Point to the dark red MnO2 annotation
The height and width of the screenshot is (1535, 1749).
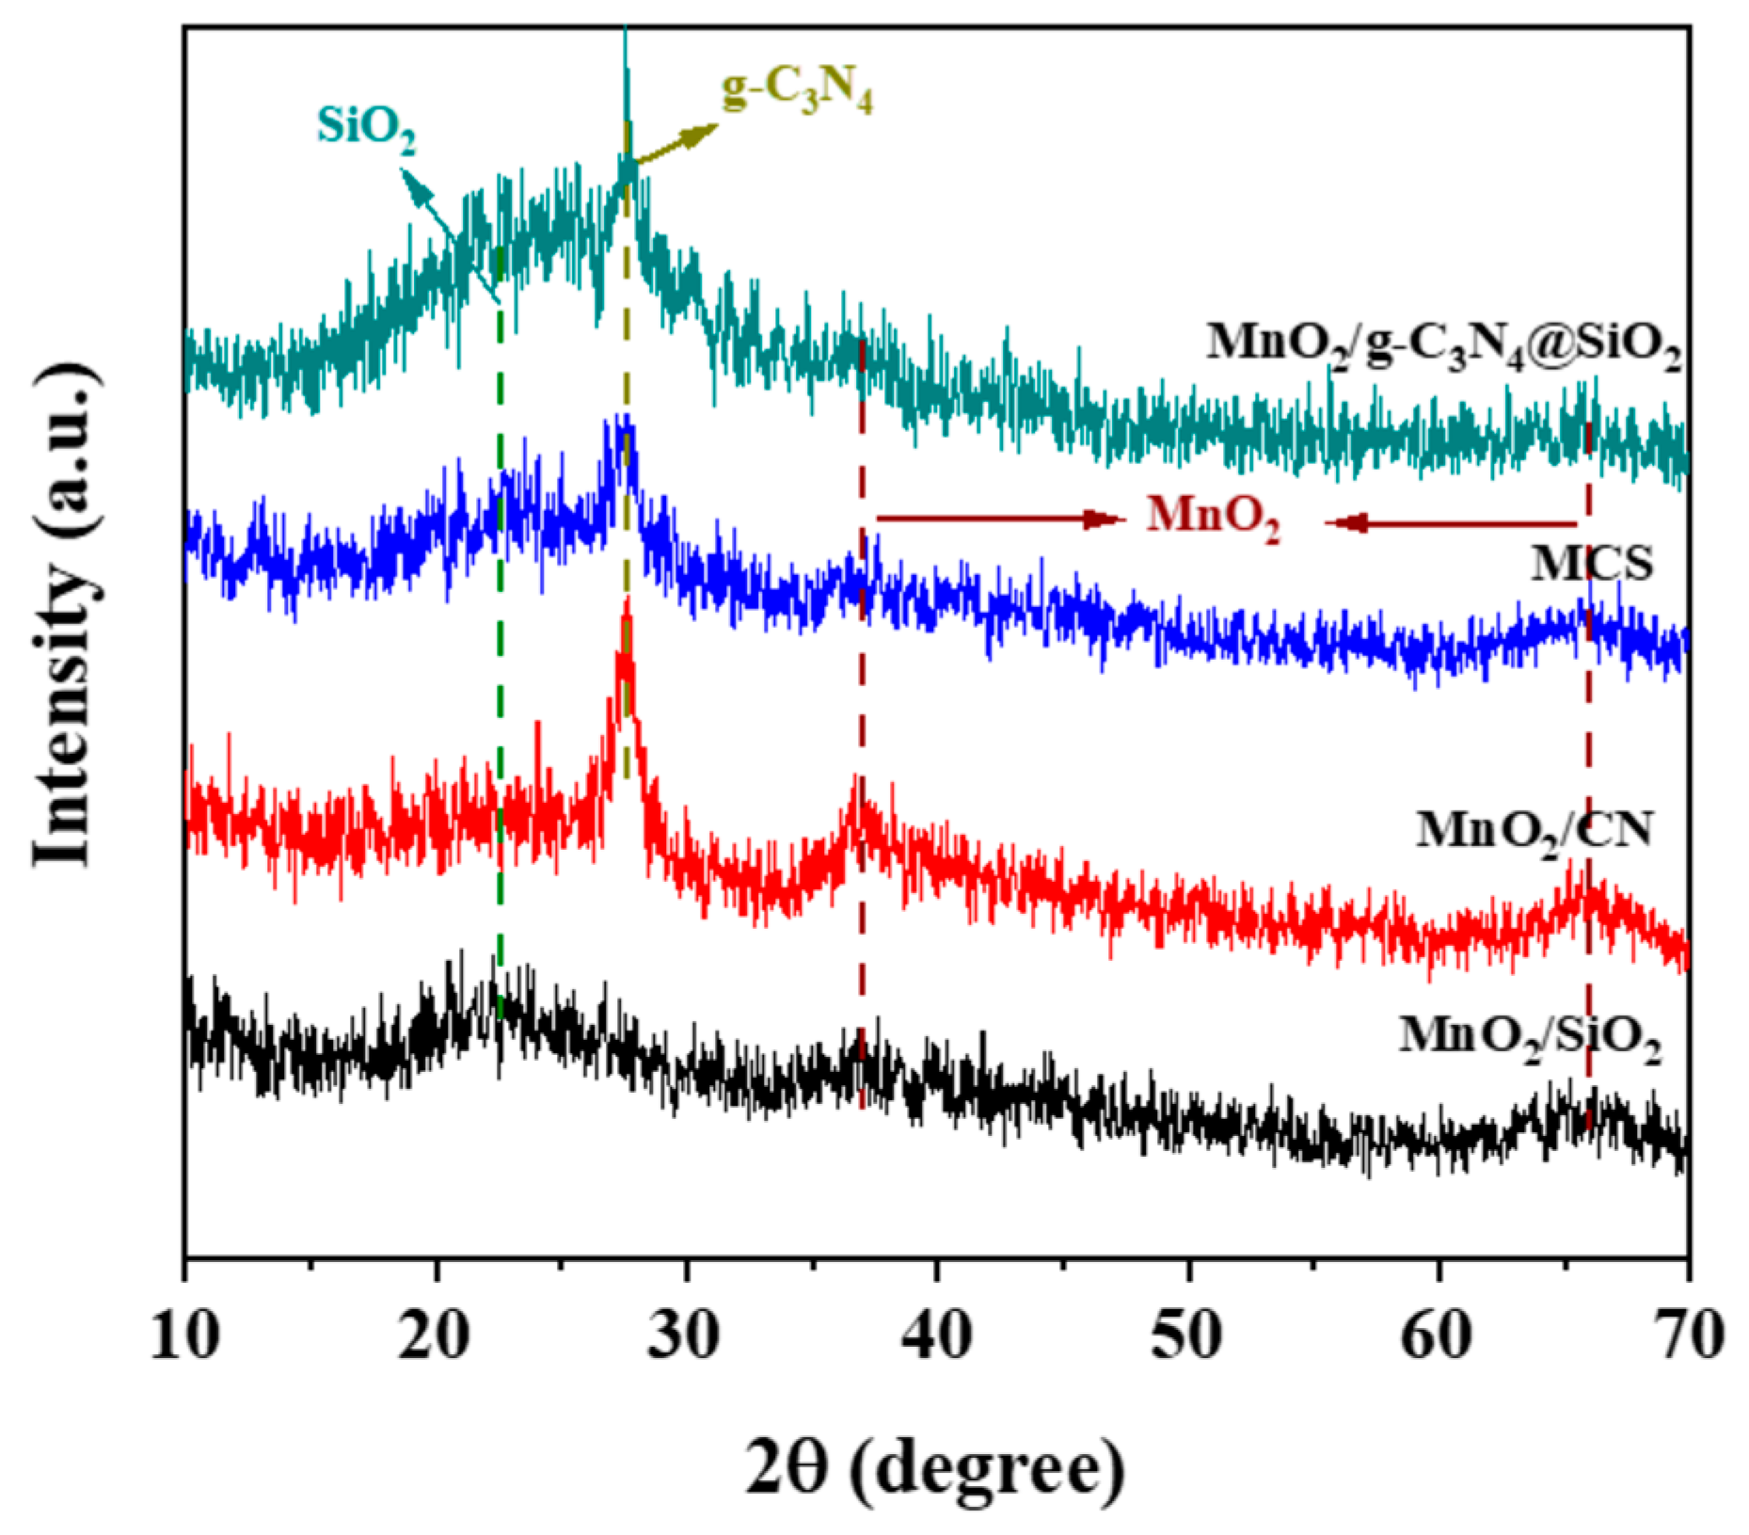(x=1214, y=519)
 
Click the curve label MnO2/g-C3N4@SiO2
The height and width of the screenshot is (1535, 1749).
(x=1443, y=345)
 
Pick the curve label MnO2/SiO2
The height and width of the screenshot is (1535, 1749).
(x=1530, y=1038)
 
